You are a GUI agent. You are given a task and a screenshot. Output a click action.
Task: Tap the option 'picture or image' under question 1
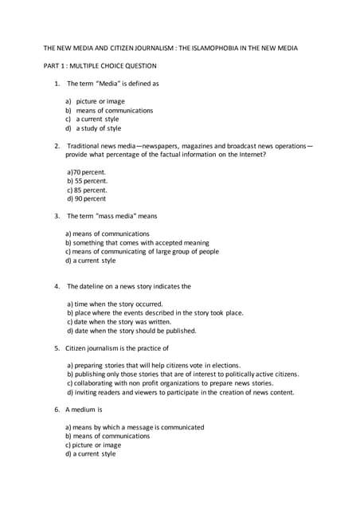coord(100,101)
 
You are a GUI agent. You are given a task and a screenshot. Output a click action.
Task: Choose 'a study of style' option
coord(99,127)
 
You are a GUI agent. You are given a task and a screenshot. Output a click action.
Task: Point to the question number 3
coord(57,216)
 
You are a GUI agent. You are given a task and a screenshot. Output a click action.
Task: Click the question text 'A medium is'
coord(84,410)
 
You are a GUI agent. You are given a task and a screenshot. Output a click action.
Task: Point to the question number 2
coord(57,146)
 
